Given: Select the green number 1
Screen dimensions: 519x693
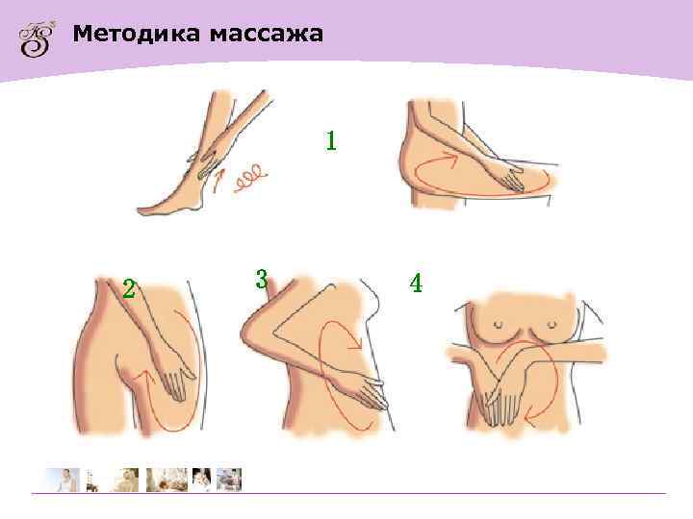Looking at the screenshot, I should tap(331, 141).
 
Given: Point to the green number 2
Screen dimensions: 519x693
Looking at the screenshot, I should tap(128, 288).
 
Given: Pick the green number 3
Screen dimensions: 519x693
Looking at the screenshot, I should tap(261, 280).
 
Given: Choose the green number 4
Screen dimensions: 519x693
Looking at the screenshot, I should tap(416, 284).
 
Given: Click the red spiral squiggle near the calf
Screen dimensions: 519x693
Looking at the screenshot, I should tap(252, 177).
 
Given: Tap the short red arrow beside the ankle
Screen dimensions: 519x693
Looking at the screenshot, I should tap(218, 177).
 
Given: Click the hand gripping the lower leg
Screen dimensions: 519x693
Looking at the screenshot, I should tap(204, 159).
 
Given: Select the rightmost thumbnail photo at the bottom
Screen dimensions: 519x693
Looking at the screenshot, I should tap(229, 479).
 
